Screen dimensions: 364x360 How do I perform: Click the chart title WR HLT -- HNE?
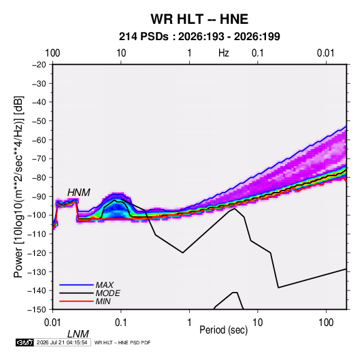[x=199, y=19]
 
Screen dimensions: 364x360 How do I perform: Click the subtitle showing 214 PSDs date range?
[x=199, y=37]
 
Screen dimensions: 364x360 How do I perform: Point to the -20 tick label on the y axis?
[x=39, y=65]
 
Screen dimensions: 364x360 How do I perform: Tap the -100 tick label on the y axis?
[x=37, y=215]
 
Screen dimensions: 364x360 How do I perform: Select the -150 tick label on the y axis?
[x=37, y=310]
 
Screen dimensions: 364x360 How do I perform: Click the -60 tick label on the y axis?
[x=39, y=140]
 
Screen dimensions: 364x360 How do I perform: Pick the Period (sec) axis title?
[x=224, y=330]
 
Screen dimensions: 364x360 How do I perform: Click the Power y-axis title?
[x=18, y=186]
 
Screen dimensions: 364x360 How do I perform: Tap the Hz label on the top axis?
[x=224, y=53]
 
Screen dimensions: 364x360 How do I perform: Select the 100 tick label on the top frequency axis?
[x=52, y=53]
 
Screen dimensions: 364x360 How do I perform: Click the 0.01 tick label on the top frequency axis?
[x=326, y=53]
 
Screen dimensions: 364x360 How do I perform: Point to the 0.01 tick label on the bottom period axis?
[x=52, y=323]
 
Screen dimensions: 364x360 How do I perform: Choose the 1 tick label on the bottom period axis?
[x=189, y=323]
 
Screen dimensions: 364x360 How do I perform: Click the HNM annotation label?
[x=79, y=193]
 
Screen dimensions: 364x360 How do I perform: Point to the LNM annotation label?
[x=78, y=334]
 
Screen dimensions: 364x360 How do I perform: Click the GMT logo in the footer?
[x=25, y=342]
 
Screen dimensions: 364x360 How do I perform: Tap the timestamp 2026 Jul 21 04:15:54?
[x=62, y=342]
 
